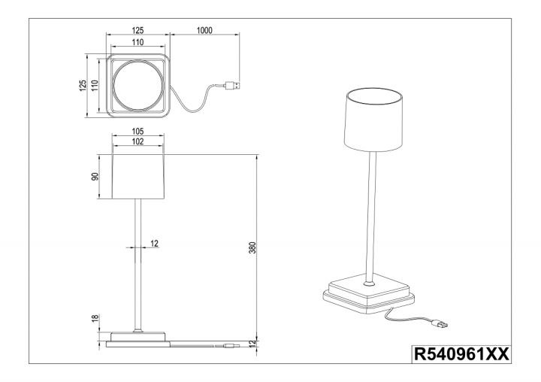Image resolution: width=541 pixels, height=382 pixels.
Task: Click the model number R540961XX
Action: point(461,354)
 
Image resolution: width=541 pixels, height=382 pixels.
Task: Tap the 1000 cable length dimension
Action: point(204,30)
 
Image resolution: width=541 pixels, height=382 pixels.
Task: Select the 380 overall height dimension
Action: point(252,247)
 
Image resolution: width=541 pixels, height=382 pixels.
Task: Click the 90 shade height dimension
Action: point(95,176)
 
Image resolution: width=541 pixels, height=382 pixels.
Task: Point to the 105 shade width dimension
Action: point(138,132)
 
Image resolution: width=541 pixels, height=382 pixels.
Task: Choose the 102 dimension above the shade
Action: point(138,141)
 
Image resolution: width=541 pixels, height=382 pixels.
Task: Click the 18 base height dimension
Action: point(95,318)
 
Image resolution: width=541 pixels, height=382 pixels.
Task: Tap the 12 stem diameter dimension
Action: point(154,244)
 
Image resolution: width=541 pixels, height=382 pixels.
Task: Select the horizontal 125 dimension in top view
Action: point(138,30)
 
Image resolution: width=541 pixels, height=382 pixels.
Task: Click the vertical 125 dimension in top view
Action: point(83,85)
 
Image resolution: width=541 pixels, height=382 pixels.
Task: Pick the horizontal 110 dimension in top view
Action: point(138,42)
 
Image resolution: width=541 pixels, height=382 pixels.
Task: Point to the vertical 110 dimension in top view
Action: point(95,85)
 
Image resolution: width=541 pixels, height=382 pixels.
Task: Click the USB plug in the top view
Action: point(232,85)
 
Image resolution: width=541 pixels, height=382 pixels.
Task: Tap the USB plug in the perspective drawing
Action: point(440,324)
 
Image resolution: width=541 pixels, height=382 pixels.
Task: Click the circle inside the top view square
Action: point(138,86)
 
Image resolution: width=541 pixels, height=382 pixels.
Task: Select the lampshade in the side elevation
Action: point(138,177)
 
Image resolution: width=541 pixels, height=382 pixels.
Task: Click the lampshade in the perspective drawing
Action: point(373,120)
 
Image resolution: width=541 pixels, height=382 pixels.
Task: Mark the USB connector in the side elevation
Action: point(232,345)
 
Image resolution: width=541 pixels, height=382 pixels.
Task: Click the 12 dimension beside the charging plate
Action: point(252,343)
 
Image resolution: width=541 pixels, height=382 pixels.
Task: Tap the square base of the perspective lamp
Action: point(369,293)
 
